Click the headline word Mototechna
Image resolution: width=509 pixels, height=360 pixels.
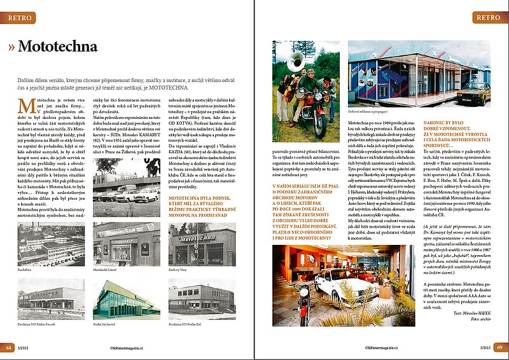(x=57, y=47)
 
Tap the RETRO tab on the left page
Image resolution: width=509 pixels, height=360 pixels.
(x=22, y=18)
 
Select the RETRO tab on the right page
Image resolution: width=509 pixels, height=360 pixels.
(x=488, y=18)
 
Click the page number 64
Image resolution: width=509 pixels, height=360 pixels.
(x=9, y=347)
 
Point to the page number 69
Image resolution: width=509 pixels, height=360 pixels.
(x=499, y=347)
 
